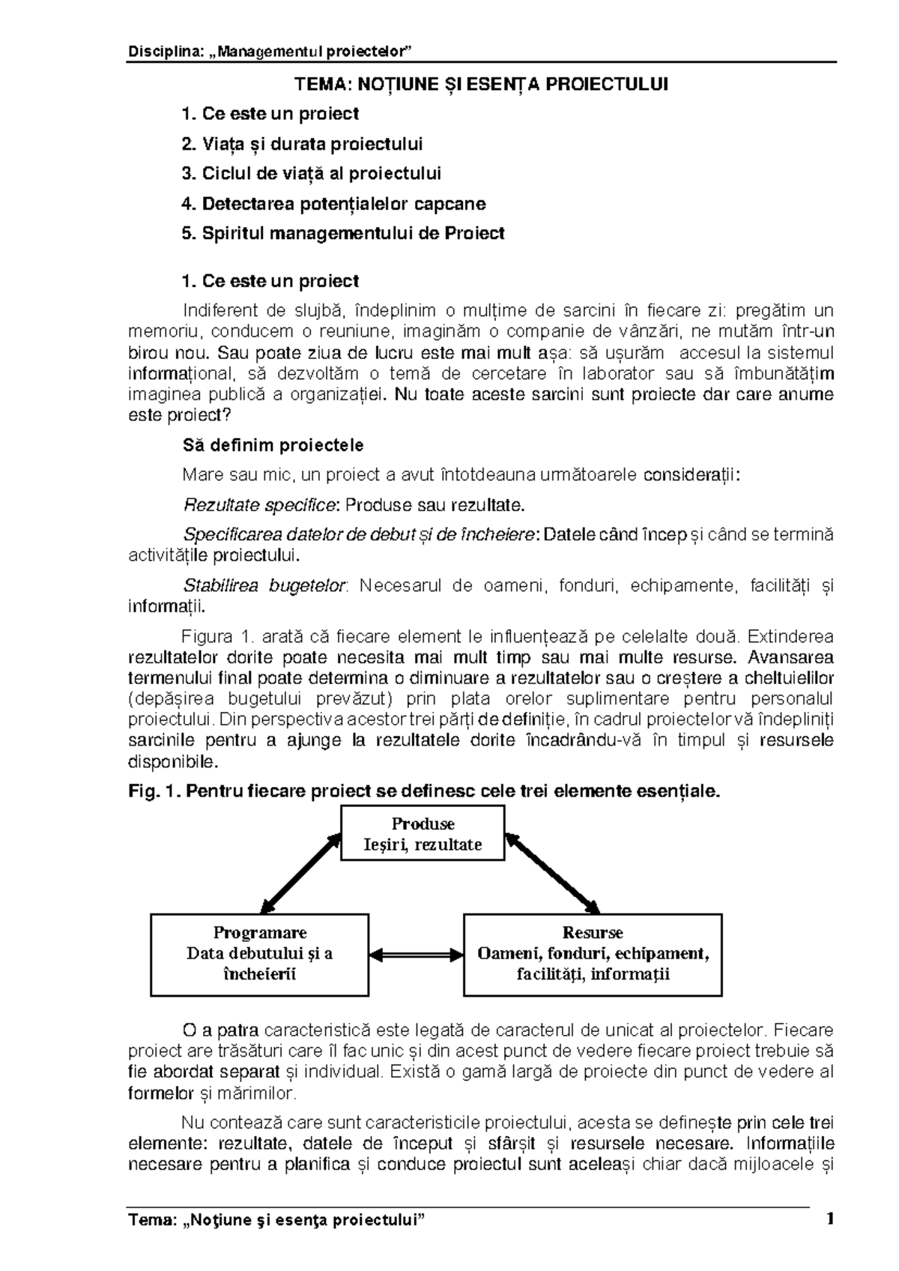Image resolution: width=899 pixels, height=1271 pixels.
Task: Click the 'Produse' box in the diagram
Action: (423, 833)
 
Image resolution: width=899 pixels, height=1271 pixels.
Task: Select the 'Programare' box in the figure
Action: (259, 954)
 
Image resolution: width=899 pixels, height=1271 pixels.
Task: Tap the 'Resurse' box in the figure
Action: (593, 954)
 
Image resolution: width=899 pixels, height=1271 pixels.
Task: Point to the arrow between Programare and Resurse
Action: (417, 955)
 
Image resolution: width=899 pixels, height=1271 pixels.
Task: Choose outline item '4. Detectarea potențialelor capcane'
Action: (333, 203)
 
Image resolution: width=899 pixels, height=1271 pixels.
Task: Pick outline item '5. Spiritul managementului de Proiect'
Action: (342, 233)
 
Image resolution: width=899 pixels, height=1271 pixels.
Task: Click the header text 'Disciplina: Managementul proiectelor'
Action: (270, 51)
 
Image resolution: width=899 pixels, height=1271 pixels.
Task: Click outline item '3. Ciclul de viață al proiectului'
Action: (311, 173)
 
